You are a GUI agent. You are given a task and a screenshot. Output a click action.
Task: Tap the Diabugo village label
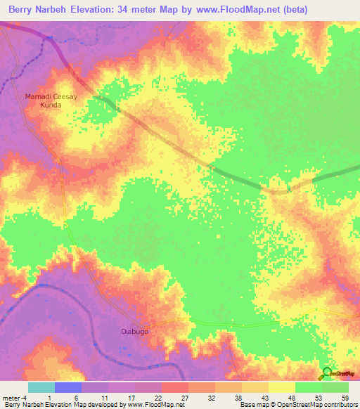click(x=131, y=331)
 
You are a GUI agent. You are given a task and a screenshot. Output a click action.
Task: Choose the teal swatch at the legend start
click(x=41, y=387)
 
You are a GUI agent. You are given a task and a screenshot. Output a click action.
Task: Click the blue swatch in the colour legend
click(x=67, y=387)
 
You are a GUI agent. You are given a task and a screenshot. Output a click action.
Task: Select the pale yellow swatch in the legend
click(x=281, y=387)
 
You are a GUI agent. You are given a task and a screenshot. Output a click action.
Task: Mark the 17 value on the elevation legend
click(x=131, y=397)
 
